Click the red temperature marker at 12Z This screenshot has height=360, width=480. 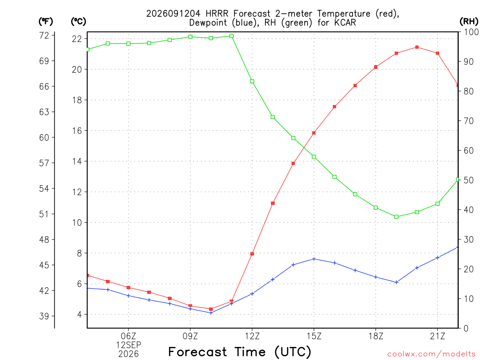[252, 254]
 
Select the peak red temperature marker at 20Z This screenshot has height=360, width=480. [417, 47]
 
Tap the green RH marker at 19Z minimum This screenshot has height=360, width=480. [397, 217]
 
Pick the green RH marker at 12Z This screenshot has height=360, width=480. [252, 82]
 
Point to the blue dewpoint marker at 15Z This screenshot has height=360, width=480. [314, 259]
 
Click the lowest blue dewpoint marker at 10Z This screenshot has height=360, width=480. [211, 313]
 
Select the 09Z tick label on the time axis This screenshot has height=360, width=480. [190, 336]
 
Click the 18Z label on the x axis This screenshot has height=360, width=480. [375, 336]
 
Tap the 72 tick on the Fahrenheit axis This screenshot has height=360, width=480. [44, 36]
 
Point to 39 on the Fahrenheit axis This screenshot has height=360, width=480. [44, 316]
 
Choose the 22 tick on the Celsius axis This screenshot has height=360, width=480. [77, 39]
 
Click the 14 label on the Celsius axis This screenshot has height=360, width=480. [77, 161]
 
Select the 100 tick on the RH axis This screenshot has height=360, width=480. [472, 32]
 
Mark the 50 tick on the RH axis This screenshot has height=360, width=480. [469, 180]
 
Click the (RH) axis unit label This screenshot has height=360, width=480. [469, 22]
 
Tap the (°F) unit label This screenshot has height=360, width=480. [45, 22]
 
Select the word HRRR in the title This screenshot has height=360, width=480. [217, 14]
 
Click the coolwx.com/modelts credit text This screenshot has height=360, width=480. [431, 354]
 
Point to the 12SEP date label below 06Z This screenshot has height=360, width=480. [128, 345]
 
